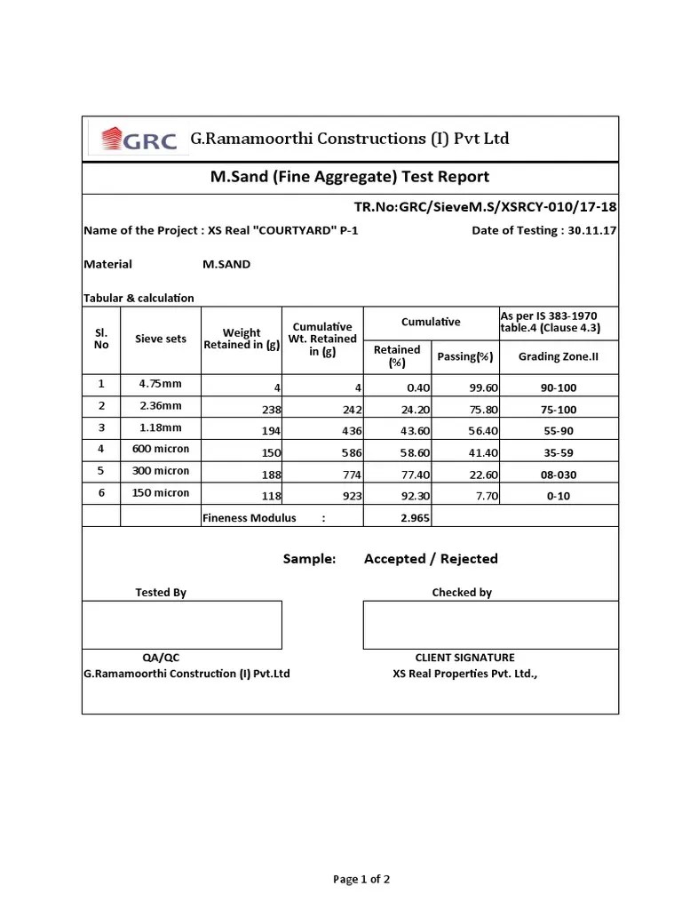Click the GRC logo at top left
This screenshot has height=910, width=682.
click(139, 140)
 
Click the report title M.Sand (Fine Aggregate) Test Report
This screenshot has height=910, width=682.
click(349, 177)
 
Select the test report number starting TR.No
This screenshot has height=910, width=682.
click(485, 207)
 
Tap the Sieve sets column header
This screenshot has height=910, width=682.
click(161, 339)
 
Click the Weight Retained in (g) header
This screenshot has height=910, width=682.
click(242, 339)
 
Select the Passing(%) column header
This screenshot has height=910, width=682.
click(465, 356)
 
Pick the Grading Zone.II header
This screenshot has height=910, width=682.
click(558, 356)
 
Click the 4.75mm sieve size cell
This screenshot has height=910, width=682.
click(161, 384)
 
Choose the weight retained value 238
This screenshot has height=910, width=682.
click(271, 410)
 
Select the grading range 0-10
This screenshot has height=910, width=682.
click(558, 496)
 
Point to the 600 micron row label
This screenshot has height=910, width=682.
click(161, 449)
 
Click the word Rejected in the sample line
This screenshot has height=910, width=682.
click(468, 559)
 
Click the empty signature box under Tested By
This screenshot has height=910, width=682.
click(182, 625)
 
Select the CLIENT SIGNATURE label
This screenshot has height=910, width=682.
click(464, 658)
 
